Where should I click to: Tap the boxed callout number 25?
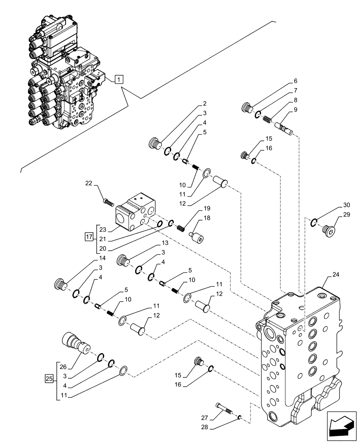[49, 378]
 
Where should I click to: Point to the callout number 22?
[89, 184]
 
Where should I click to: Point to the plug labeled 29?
[329, 229]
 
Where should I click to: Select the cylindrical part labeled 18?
[196, 236]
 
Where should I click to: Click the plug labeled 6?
[247, 107]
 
